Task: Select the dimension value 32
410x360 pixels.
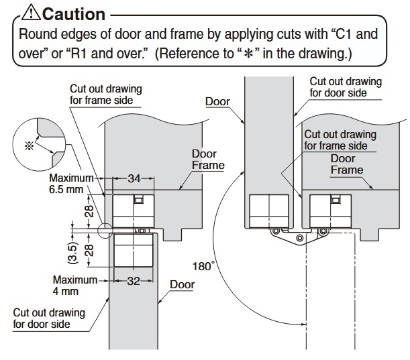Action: coord(134,281)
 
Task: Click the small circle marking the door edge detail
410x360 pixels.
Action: coord(105,230)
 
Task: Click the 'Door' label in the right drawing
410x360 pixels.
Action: coord(218,102)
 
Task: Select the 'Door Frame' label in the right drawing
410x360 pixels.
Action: coord(347,164)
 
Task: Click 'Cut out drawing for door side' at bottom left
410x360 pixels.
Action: coord(49,318)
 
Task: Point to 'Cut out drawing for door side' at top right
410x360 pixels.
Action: coord(345,87)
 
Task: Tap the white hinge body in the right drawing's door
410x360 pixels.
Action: coord(268,210)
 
